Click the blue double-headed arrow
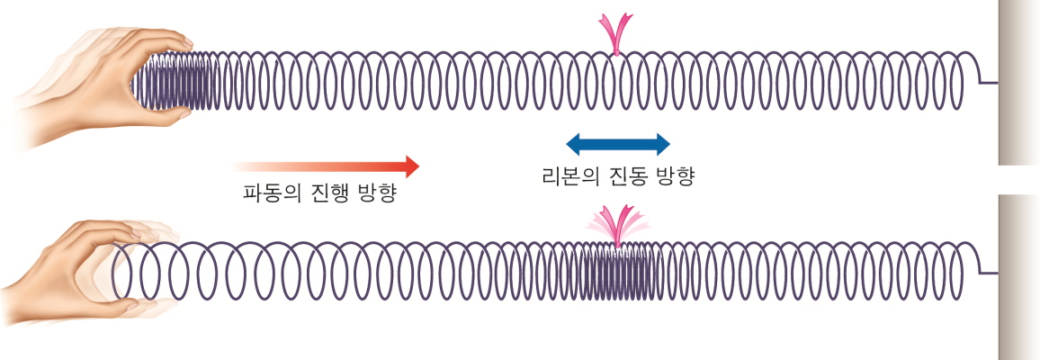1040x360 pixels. pyautogui.click(x=618, y=144)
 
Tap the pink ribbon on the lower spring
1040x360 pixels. pyautogui.click(x=618, y=225)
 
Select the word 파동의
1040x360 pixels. pyautogui.click(x=271, y=193)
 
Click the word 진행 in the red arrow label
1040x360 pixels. pyautogui.click(x=327, y=193)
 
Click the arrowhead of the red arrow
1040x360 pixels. pyautogui.click(x=410, y=166)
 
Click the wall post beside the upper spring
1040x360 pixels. pyautogui.click(x=1019, y=81)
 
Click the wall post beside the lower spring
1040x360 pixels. pyautogui.click(x=1019, y=270)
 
